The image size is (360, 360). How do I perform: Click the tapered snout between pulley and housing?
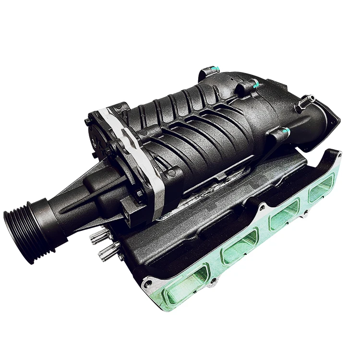tap(91, 192)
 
